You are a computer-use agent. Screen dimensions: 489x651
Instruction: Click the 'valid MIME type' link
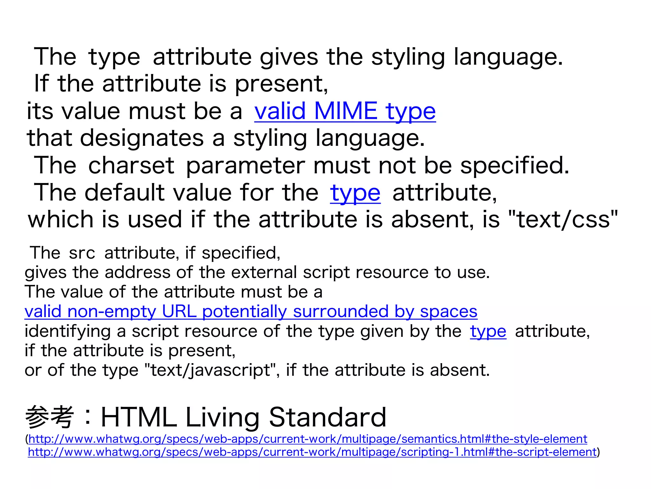(345, 111)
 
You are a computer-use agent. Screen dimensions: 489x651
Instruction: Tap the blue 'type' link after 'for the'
(355, 193)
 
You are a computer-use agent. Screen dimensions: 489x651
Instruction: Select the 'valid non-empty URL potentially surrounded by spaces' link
(251, 311)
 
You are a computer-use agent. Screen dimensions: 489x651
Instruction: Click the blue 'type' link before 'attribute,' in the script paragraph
(488, 331)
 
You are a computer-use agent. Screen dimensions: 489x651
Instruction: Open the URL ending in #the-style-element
(308, 439)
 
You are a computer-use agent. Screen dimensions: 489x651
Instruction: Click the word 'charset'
(131, 166)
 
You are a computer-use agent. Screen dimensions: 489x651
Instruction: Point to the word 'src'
(82, 253)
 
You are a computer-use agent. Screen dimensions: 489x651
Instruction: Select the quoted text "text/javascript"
(210, 370)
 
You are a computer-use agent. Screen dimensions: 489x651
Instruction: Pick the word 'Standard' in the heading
(327, 417)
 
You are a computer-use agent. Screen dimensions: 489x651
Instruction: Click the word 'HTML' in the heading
(139, 417)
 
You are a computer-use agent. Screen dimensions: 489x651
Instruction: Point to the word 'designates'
(142, 138)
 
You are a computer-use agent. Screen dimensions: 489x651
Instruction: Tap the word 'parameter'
(245, 166)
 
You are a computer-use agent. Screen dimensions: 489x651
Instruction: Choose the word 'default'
(125, 193)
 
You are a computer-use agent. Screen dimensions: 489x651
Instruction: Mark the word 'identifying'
(67, 331)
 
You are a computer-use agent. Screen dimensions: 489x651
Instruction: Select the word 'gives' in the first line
(289, 57)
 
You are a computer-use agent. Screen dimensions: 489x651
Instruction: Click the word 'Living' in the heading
(222, 417)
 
